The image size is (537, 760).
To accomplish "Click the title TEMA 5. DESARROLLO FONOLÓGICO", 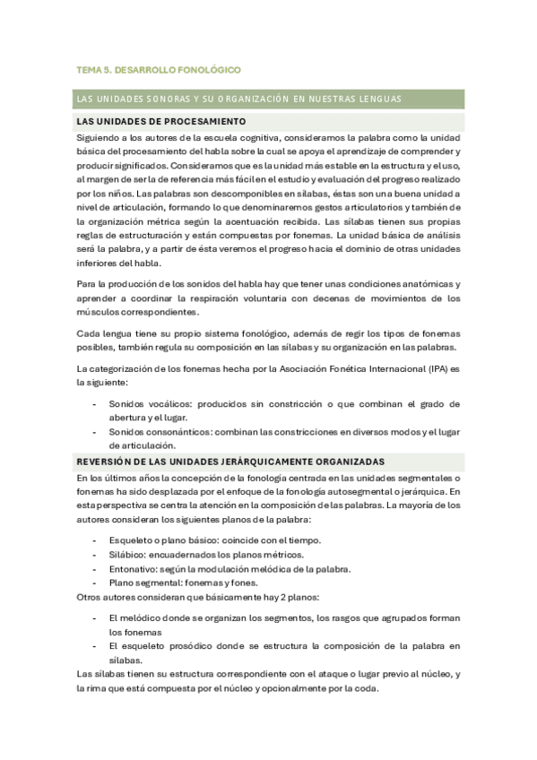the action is pyautogui.click(x=159, y=70).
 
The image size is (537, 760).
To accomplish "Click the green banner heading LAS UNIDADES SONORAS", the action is pyautogui.click(x=238, y=99).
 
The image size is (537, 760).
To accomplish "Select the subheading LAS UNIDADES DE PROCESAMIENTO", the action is pyautogui.click(x=161, y=121).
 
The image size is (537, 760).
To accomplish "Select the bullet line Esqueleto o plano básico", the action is pyautogui.click(x=214, y=540).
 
